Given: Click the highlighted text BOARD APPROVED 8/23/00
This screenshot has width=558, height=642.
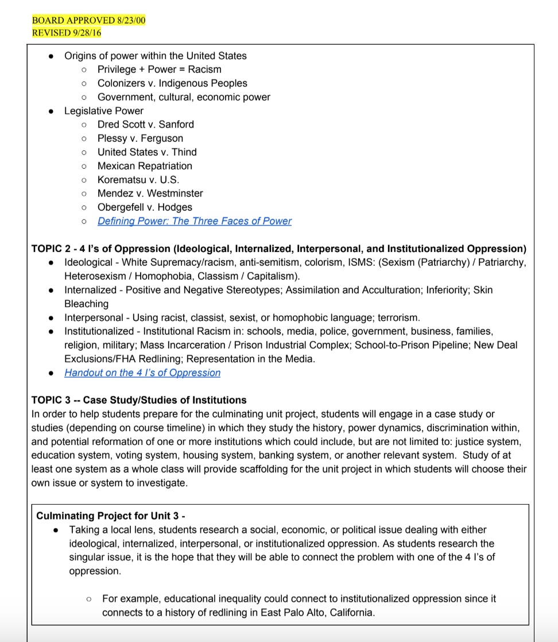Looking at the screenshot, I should click(89, 20).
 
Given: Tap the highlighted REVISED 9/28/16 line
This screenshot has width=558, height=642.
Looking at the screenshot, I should click(67, 33).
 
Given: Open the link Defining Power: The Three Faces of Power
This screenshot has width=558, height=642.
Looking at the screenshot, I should click(194, 221).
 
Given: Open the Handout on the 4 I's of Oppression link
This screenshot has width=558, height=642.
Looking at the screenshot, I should click(142, 373).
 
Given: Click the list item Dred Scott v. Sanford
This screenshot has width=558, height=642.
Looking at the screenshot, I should click(145, 125).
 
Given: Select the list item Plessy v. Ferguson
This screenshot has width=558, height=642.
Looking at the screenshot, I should click(140, 138).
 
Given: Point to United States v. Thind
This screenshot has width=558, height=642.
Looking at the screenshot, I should click(146, 152).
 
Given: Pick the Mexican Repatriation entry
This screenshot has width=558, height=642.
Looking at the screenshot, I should click(145, 166).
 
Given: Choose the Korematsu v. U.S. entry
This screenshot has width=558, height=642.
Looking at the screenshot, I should click(138, 180).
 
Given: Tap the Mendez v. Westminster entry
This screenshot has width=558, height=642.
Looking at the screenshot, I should click(150, 194).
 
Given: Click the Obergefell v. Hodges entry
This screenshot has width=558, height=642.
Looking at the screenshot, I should click(145, 207).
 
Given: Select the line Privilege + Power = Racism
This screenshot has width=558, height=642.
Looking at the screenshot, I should click(159, 69).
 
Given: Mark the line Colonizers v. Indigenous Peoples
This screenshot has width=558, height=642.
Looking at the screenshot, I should click(172, 83).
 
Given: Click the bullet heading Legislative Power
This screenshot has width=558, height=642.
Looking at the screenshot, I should click(103, 111).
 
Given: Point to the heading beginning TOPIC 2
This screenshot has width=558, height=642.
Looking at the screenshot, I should click(278, 249).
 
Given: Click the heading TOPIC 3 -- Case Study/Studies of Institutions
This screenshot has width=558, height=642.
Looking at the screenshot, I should click(139, 400).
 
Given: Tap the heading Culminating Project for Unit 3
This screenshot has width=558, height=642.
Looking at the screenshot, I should click(110, 516).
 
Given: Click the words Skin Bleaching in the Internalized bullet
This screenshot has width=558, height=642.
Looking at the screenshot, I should click(86, 304).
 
